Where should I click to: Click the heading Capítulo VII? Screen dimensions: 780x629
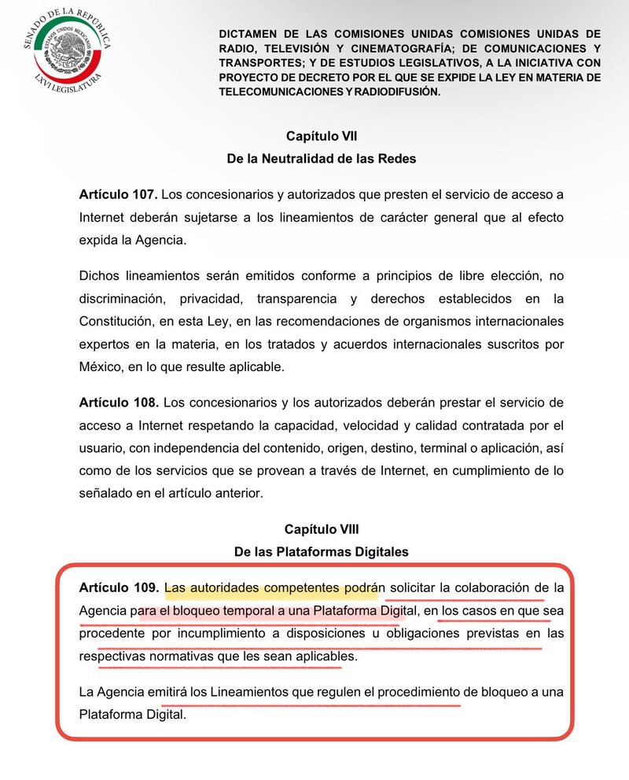pyautogui.click(x=322, y=136)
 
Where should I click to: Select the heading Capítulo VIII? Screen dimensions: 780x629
pyautogui.click(x=322, y=529)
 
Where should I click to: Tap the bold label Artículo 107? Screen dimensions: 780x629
pyautogui.click(x=119, y=194)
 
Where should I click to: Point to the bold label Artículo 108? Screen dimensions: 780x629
pyautogui.click(x=119, y=403)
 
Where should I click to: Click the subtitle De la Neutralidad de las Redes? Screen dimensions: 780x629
pyautogui.click(x=322, y=158)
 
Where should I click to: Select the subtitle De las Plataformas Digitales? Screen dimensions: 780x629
pyautogui.click(x=322, y=551)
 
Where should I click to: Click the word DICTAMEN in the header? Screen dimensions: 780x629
pyautogui.click(x=249, y=35)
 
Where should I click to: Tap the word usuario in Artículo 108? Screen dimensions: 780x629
pyautogui.click(x=101, y=448)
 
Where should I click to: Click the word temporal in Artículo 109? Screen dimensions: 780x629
pyautogui.click(x=236, y=610)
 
